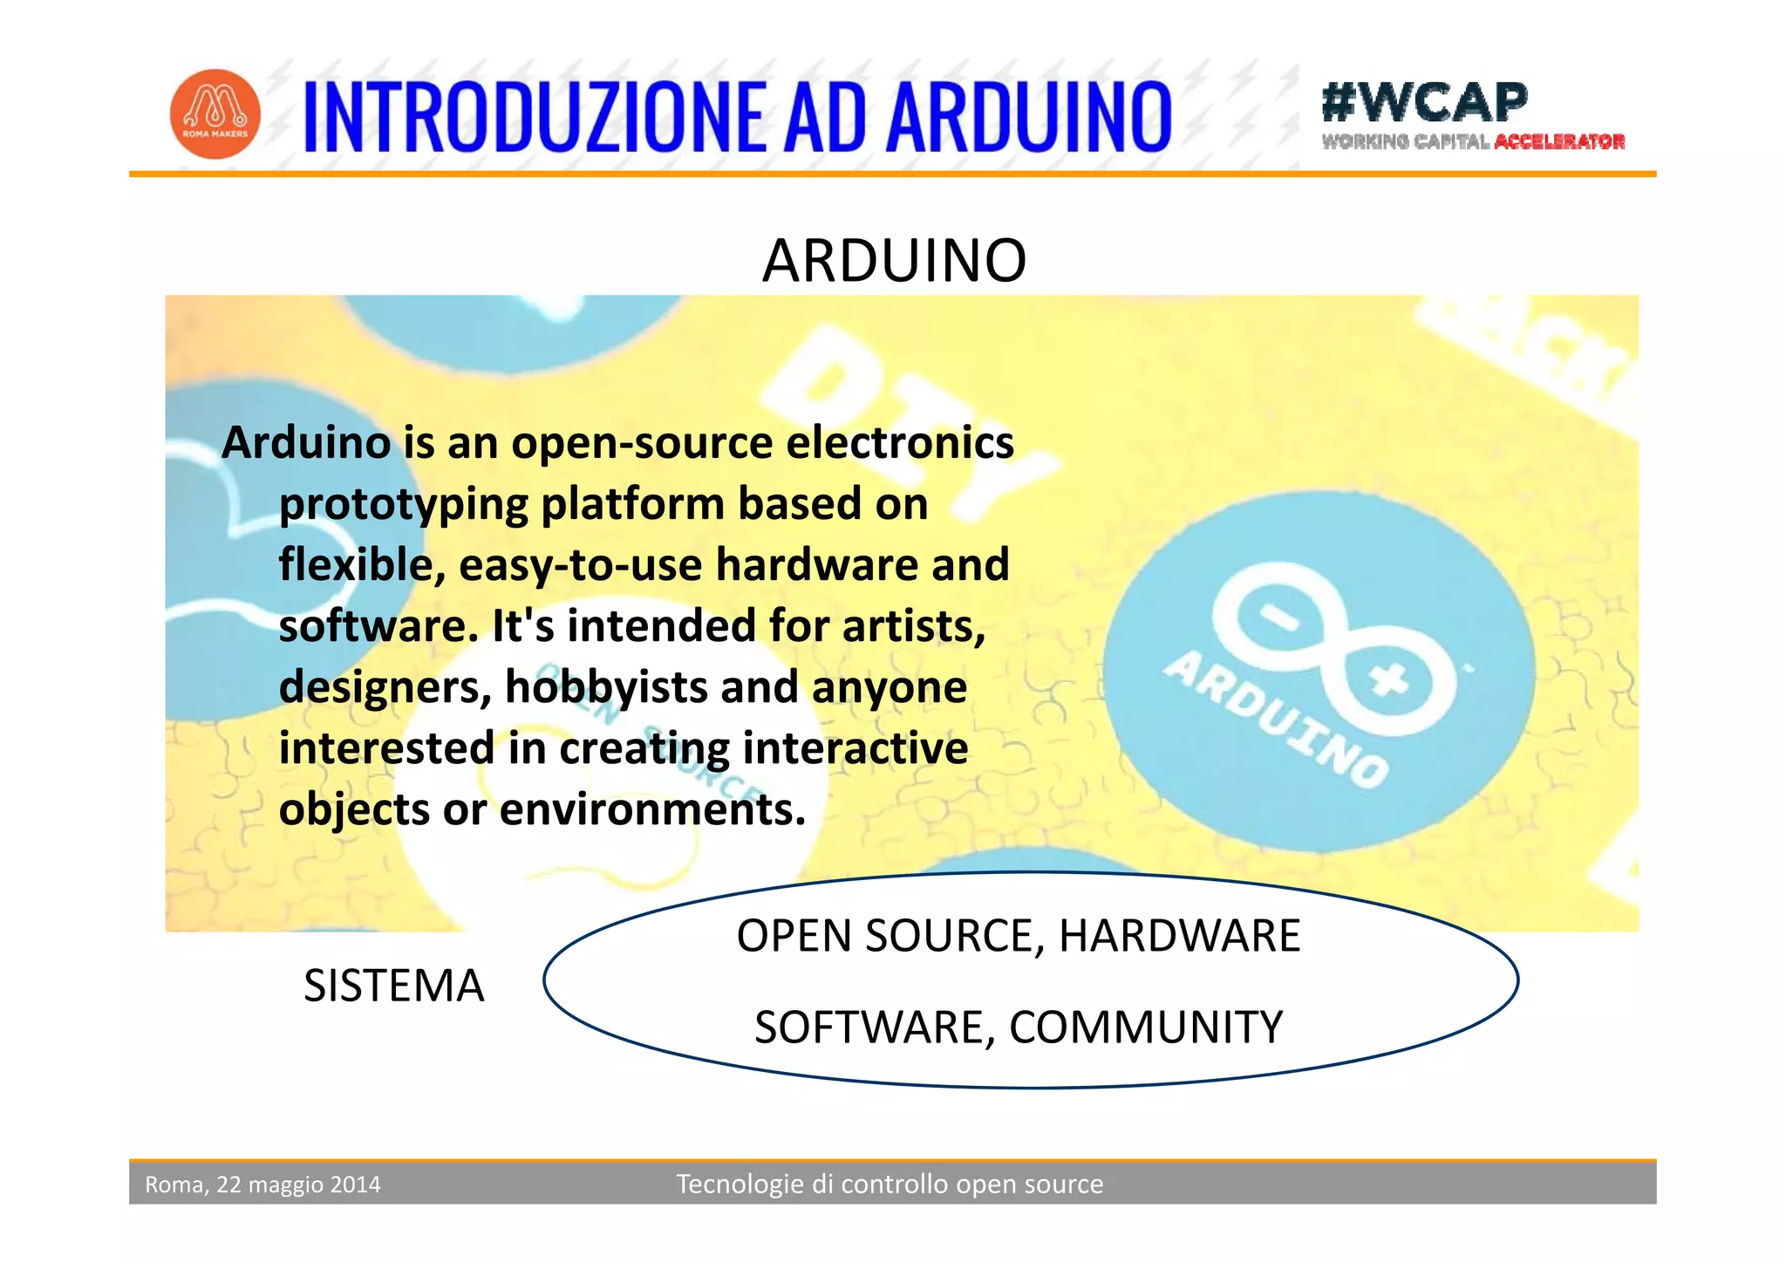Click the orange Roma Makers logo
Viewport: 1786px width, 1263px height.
point(215,114)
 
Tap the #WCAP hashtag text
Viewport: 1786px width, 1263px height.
point(1424,102)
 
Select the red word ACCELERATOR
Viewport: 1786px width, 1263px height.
point(1559,142)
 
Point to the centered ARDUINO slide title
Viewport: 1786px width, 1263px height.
point(894,261)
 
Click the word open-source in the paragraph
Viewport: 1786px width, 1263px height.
point(642,443)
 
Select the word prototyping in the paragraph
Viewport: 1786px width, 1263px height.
point(404,505)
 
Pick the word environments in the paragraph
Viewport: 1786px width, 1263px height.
point(652,809)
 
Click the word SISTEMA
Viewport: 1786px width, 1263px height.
point(393,987)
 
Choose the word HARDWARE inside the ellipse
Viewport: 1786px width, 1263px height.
point(1179,937)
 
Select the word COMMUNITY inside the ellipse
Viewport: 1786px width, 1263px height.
point(1146,1027)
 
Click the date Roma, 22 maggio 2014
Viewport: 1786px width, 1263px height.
point(262,1184)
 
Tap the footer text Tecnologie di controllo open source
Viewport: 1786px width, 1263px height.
point(890,1184)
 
